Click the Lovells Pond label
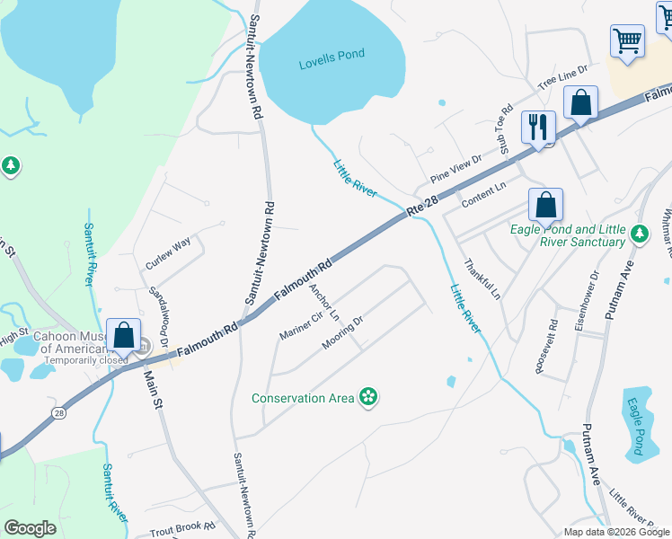pyautogui.click(x=332, y=55)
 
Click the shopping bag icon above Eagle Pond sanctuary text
pyautogui.click(x=545, y=205)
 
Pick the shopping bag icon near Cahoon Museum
pyautogui.click(x=124, y=336)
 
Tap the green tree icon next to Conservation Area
pyautogui.click(x=367, y=396)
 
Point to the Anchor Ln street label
pyautogui.click(x=323, y=304)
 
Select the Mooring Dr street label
pyautogui.click(x=342, y=332)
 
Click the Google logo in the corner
pyautogui.click(x=31, y=527)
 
